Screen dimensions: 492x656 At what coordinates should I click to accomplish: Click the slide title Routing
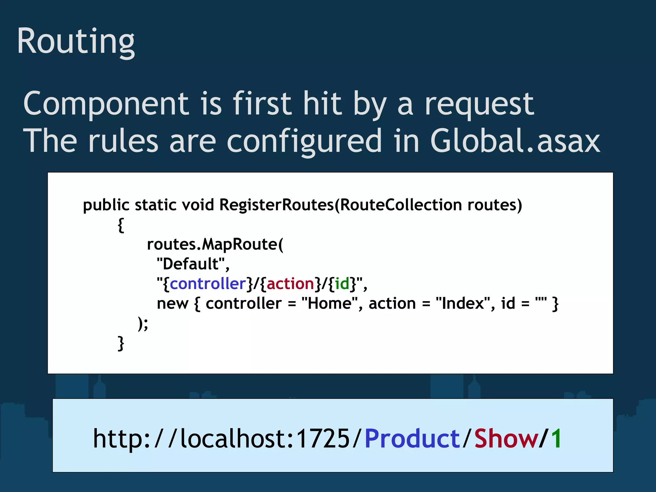(76, 42)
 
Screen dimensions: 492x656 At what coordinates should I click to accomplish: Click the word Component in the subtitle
(106, 104)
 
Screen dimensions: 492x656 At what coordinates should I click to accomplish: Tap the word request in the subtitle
(479, 104)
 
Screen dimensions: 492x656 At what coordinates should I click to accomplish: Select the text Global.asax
(515, 141)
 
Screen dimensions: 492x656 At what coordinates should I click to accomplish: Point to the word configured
(304, 141)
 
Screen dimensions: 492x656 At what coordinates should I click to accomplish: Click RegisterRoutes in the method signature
(277, 205)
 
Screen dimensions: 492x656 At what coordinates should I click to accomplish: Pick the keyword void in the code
(198, 205)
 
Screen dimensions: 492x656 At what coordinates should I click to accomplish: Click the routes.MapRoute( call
(215, 244)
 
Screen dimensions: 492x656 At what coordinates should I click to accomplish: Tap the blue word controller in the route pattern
(208, 284)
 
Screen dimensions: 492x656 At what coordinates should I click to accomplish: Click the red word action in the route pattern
(291, 284)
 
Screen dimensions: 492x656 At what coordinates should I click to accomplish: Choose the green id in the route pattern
(342, 284)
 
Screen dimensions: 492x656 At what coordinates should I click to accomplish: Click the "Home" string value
(330, 303)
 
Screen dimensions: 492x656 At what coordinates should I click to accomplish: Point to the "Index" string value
(463, 303)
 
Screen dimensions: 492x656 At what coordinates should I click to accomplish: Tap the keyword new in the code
(172, 304)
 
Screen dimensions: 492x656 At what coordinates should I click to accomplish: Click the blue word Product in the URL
(412, 439)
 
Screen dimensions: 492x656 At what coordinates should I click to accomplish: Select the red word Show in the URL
(506, 439)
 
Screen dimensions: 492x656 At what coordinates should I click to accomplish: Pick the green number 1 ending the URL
(556, 439)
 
